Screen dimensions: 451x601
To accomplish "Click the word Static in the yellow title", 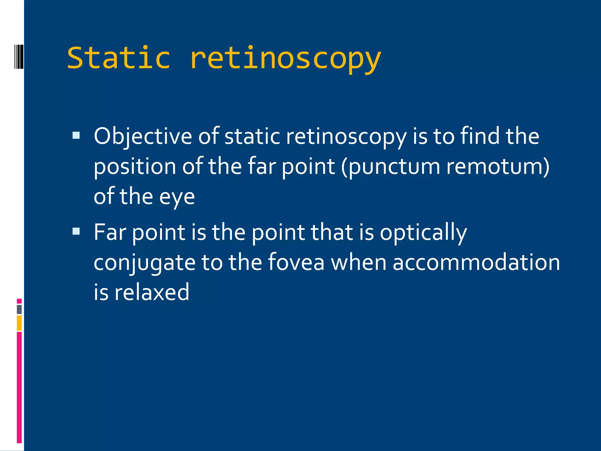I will point(119,58).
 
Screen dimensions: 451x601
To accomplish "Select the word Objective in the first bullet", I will point(143,137).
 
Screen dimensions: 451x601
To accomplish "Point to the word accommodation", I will point(476,262).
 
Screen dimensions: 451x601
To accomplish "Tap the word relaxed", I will point(152,292).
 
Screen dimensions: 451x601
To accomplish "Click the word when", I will point(358,262).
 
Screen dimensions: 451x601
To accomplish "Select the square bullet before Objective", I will point(76,135).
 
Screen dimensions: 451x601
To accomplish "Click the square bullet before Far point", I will point(76,231).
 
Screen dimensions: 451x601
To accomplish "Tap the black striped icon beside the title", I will point(19,57).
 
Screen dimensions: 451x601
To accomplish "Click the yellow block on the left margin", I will point(19,323).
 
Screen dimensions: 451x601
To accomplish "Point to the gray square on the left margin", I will point(19,309).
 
